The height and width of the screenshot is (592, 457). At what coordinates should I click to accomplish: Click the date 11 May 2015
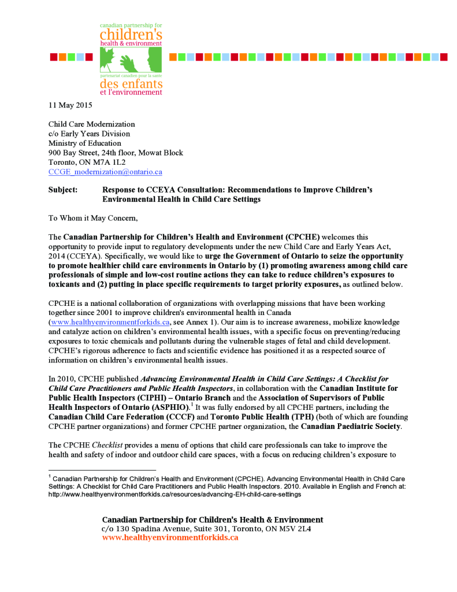coord(70,105)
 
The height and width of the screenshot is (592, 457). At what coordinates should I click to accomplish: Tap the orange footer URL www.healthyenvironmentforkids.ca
coord(170,538)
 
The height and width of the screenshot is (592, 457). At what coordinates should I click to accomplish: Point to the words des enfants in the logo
coord(131,84)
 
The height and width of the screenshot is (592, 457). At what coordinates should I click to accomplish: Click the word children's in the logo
coord(131,35)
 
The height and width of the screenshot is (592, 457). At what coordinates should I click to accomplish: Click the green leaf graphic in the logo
coord(131,59)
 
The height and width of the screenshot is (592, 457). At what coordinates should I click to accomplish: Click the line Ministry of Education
coord(84,143)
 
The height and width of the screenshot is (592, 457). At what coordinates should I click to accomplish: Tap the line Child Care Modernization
coord(91,124)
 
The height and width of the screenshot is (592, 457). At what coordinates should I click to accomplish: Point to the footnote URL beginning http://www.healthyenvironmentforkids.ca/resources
coord(174,494)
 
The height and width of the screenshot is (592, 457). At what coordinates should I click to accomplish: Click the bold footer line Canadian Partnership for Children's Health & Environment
coord(213,520)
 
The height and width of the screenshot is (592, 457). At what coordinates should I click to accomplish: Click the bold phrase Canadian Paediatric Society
coord(352,426)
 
